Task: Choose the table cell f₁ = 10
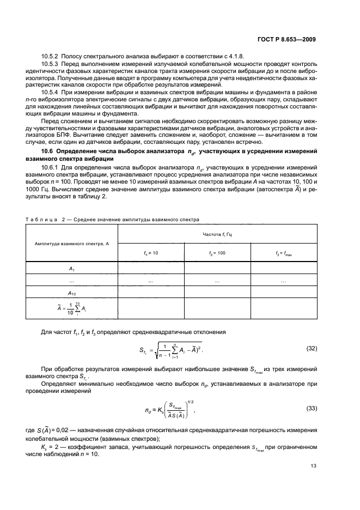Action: (x=150, y=253)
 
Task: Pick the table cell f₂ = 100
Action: (x=217, y=253)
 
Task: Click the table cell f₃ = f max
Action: (x=283, y=253)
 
